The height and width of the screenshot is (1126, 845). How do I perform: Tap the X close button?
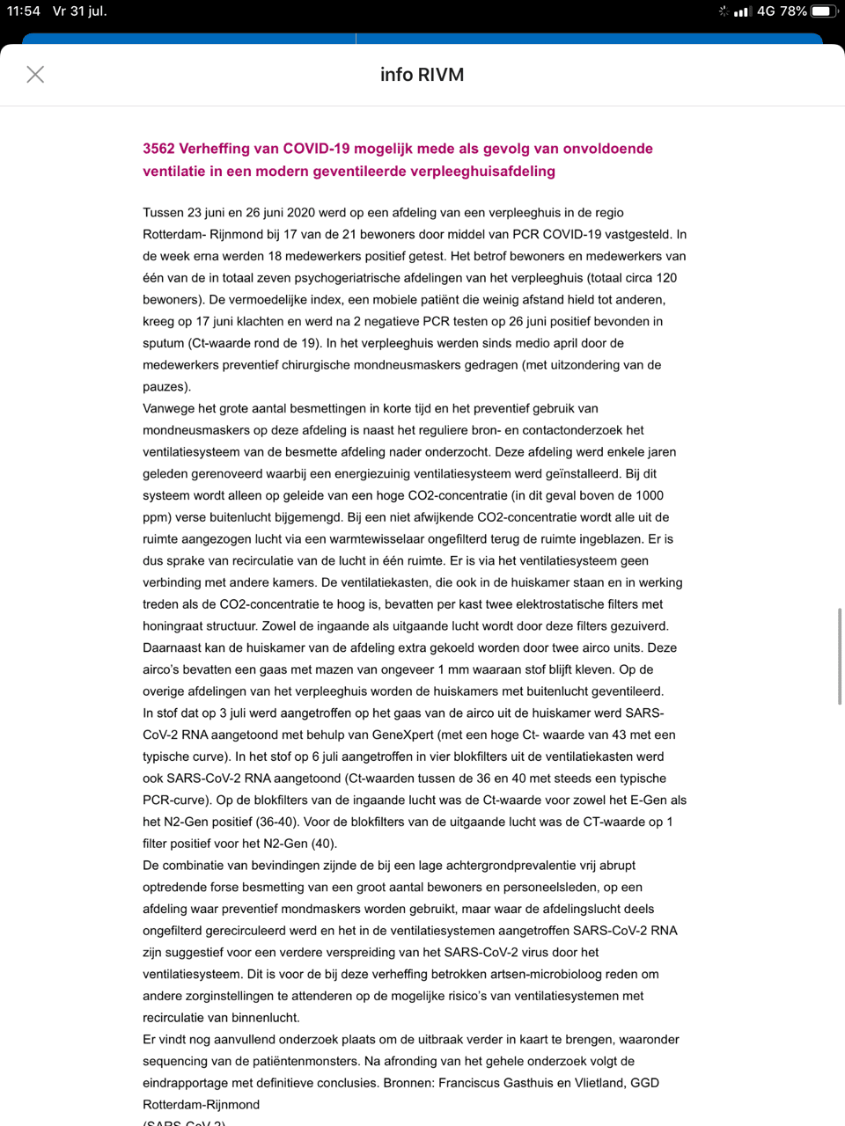tap(35, 74)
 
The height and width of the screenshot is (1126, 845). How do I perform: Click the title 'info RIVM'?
tap(422, 75)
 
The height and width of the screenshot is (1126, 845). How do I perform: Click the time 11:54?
tap(23, 11)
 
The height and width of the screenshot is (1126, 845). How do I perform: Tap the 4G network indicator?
tap(766, 11)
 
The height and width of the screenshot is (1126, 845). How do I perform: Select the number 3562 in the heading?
tap(158, 149)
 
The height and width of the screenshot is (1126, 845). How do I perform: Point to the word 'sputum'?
tap(163, 343)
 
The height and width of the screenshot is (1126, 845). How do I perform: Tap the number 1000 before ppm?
tap(649, 496)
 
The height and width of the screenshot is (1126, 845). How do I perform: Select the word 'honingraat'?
tap(174, 626)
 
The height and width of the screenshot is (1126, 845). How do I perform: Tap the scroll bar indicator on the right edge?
tap(840, 655)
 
